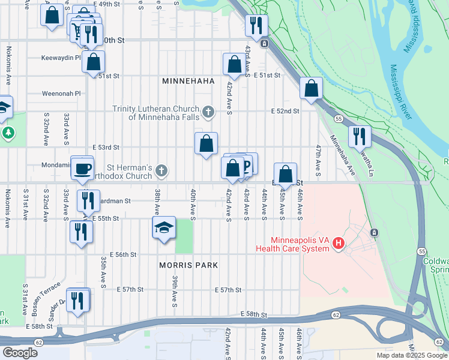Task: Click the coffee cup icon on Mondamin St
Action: [82, 167]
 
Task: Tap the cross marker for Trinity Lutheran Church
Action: [208, 111]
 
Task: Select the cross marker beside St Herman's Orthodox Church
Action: [161, 171]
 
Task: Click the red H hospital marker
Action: [339, 244]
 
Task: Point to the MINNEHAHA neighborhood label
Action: [188, 80]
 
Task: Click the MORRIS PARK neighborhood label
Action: [188, 265]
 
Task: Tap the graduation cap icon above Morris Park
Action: [163, 228]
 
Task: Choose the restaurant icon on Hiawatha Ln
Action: [359, 136]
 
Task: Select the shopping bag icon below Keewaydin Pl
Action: [94, 62]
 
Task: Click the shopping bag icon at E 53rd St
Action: [206, 144]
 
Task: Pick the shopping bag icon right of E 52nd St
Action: [311, 89]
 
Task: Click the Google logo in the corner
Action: [20, 352]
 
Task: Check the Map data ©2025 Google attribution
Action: [411, 355]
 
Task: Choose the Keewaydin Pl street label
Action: [61, 58]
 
